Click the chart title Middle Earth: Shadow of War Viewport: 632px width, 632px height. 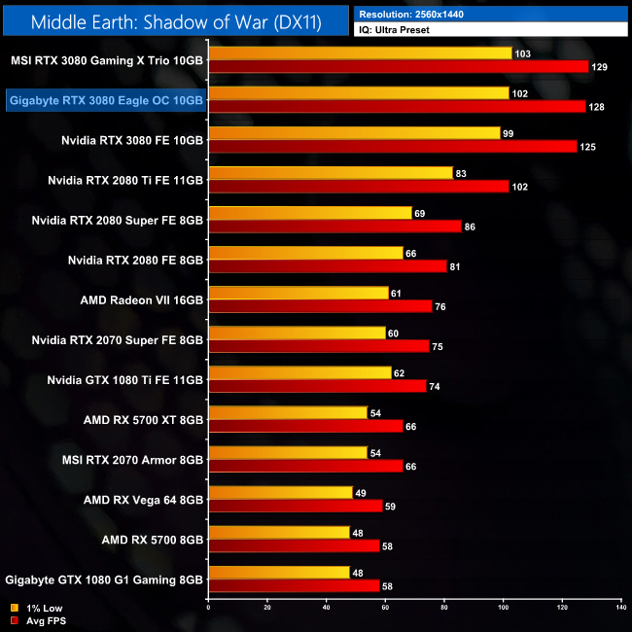(x=175, y=20)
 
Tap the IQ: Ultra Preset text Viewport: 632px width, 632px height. (x=394, y=30)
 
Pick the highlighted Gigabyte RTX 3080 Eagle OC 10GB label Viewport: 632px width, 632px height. (x=106, y=100)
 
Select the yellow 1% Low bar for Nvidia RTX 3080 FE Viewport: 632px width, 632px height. (x=354, y=133)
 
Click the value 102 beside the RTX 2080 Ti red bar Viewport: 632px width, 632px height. (x=521, y=186)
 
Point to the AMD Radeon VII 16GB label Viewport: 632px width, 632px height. (x=141, y=299)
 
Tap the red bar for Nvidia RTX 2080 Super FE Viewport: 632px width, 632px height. (x=334, y=226)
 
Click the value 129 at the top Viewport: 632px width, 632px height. (x=603, y=66)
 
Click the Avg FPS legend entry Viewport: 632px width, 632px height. (x=37, y=619)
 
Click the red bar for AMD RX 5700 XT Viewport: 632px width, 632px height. (x=305, y=426)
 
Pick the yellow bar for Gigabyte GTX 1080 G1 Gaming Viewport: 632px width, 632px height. (x=279, y=572)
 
